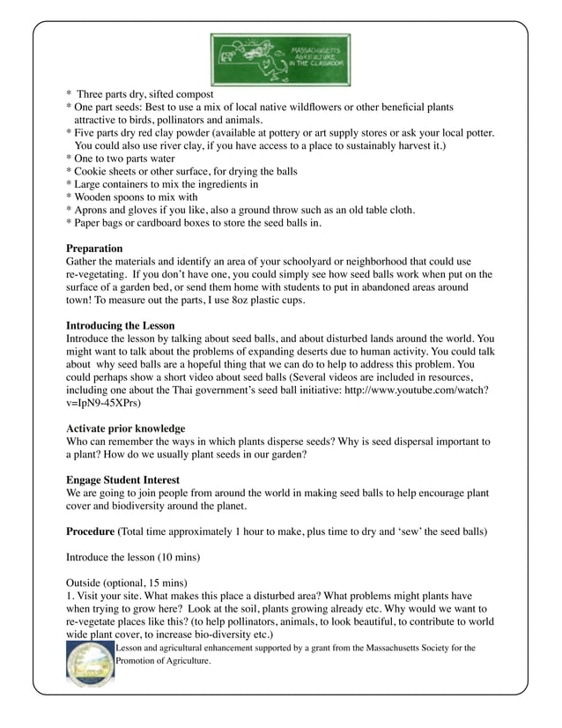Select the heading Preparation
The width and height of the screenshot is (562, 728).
(x=94, y=249)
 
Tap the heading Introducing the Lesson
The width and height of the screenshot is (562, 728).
(x=121, y=326)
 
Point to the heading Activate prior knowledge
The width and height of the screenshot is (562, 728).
(x=126, y=427)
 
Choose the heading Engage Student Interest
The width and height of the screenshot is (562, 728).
(x=123, y=479)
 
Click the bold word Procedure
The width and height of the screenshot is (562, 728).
(x=91, y=531)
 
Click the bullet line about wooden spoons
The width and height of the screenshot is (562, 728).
(x=132, y=197)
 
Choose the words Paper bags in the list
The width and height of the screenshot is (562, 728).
(x=102, y=223)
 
